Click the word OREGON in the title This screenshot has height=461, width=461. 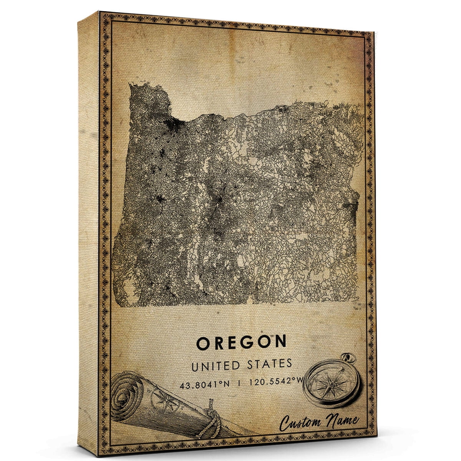tap(241, 342)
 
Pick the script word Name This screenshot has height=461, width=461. tap(342, 421)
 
